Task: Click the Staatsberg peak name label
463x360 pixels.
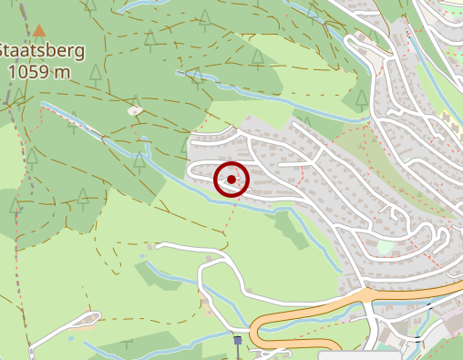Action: pyautogui.click(x=43, y=50)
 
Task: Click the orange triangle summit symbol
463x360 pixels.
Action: pyautogui.click(x=38, y=30)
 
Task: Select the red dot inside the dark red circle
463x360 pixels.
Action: pyautogui.click(x=231, y=180)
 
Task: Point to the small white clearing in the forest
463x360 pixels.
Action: pyautogui.click(x=135, y=110)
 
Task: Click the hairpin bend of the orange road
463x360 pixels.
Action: pyautogui.click(x=257, y=330)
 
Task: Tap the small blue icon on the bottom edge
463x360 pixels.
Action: pyautogui.click(x=238, y=341)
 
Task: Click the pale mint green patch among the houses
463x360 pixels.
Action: pyautogui.click(x=386, y=246)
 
